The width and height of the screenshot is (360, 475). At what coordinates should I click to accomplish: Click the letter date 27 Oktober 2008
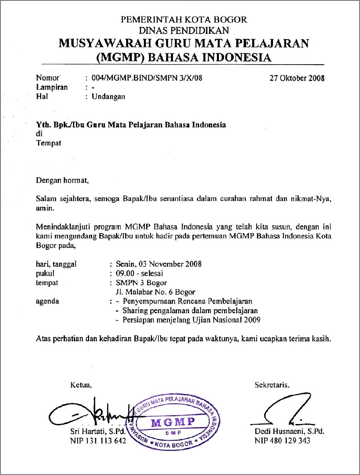[297, 78]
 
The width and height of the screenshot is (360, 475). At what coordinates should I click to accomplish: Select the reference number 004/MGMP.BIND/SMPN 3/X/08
[147, 78]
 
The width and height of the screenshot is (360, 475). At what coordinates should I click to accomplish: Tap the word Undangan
[108, 96]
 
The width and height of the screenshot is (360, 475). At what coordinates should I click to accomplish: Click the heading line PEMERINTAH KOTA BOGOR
[184, 19]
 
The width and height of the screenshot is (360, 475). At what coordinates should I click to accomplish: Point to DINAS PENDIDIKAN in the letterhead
[184, 31]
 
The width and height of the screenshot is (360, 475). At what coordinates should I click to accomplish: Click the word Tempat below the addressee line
[48, 143]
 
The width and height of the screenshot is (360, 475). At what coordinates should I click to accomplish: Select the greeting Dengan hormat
[62, 180]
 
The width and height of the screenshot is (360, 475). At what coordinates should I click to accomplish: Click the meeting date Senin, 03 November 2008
[158, 264]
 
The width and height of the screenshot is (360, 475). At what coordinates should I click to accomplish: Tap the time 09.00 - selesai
[139, 273]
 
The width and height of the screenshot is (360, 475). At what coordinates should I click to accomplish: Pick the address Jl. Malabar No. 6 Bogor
[156, 292]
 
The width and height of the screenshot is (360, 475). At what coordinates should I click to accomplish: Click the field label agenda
[47, 301]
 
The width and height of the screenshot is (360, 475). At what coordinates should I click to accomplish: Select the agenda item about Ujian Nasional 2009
[191, 320]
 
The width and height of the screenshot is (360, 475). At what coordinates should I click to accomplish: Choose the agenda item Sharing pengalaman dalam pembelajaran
[190, 311]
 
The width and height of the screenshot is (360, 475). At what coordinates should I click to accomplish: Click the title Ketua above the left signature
[81, 385]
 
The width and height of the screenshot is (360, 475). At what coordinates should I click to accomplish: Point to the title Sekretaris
[272, 385]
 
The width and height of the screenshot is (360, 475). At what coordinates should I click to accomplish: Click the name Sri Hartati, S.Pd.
[98, 432]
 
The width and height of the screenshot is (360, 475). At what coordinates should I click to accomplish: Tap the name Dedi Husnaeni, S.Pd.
[289, 432]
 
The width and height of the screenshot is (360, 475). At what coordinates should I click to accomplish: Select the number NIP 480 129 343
[282, 441]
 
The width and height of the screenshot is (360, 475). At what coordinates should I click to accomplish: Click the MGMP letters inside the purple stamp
[173, 422]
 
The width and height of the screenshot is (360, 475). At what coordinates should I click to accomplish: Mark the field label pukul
[45, 273]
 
